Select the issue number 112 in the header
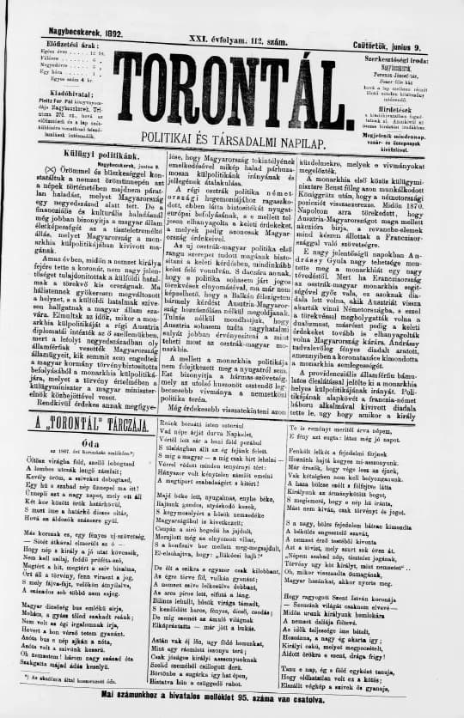pos(250,32)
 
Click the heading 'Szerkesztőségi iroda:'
pos(398,46)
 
